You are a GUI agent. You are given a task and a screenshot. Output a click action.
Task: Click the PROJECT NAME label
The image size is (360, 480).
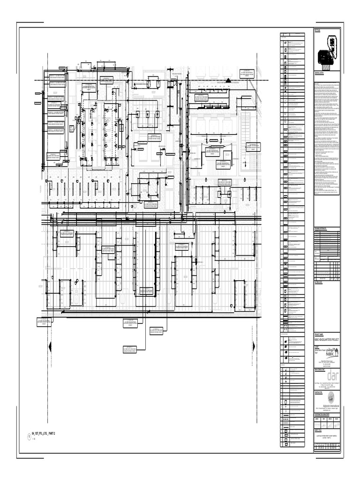319,333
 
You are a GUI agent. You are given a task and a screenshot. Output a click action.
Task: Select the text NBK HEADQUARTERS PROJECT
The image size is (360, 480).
327,338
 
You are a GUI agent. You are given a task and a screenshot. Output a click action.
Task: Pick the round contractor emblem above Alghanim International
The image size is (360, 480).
331,399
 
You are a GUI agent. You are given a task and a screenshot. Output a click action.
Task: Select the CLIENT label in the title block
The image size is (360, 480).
317,345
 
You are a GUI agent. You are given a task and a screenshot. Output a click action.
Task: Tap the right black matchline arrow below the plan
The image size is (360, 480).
253,346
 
